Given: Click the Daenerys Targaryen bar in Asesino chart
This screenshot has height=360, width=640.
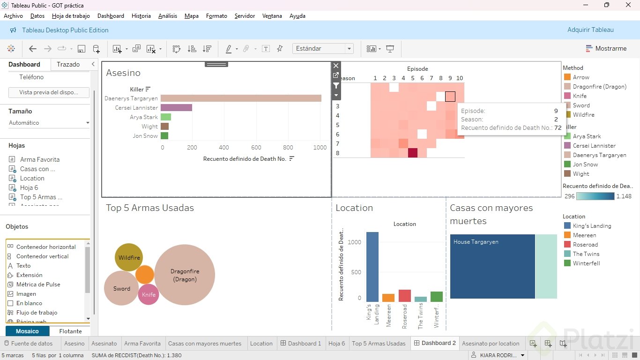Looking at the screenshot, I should [241, 98].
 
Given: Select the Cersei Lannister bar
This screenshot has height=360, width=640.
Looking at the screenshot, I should [176, 108].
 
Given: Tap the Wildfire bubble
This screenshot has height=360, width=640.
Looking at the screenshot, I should [129, 257].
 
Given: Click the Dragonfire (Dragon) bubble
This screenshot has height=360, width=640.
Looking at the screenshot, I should [185, 275].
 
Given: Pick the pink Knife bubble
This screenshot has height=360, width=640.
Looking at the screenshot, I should [149, 294].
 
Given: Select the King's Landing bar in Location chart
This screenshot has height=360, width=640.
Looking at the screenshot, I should [372, 267].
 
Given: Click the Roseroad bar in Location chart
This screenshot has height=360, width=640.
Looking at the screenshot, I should [404, 296].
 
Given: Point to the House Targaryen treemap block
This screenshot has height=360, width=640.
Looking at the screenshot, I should [492, 266].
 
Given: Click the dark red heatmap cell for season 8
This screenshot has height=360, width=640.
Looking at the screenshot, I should [412, 153].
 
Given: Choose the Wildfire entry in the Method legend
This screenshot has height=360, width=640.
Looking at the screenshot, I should [583, 115].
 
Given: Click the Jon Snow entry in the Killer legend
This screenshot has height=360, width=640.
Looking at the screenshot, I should [585, 165].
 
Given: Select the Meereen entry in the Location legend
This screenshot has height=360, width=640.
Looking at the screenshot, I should [584, 235].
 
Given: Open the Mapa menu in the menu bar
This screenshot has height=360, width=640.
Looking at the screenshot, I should [191, 16].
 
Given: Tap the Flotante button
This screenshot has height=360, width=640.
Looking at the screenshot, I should [70, 331].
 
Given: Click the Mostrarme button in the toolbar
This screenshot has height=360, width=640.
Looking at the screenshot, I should [606, 48].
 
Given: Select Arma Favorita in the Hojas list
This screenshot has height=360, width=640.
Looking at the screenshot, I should [39, 159].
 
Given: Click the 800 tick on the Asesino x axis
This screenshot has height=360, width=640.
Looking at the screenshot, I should [288, 148].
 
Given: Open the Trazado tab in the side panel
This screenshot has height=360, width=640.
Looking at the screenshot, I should [68, 64].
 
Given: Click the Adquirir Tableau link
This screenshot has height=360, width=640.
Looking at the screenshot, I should [590, 30].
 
